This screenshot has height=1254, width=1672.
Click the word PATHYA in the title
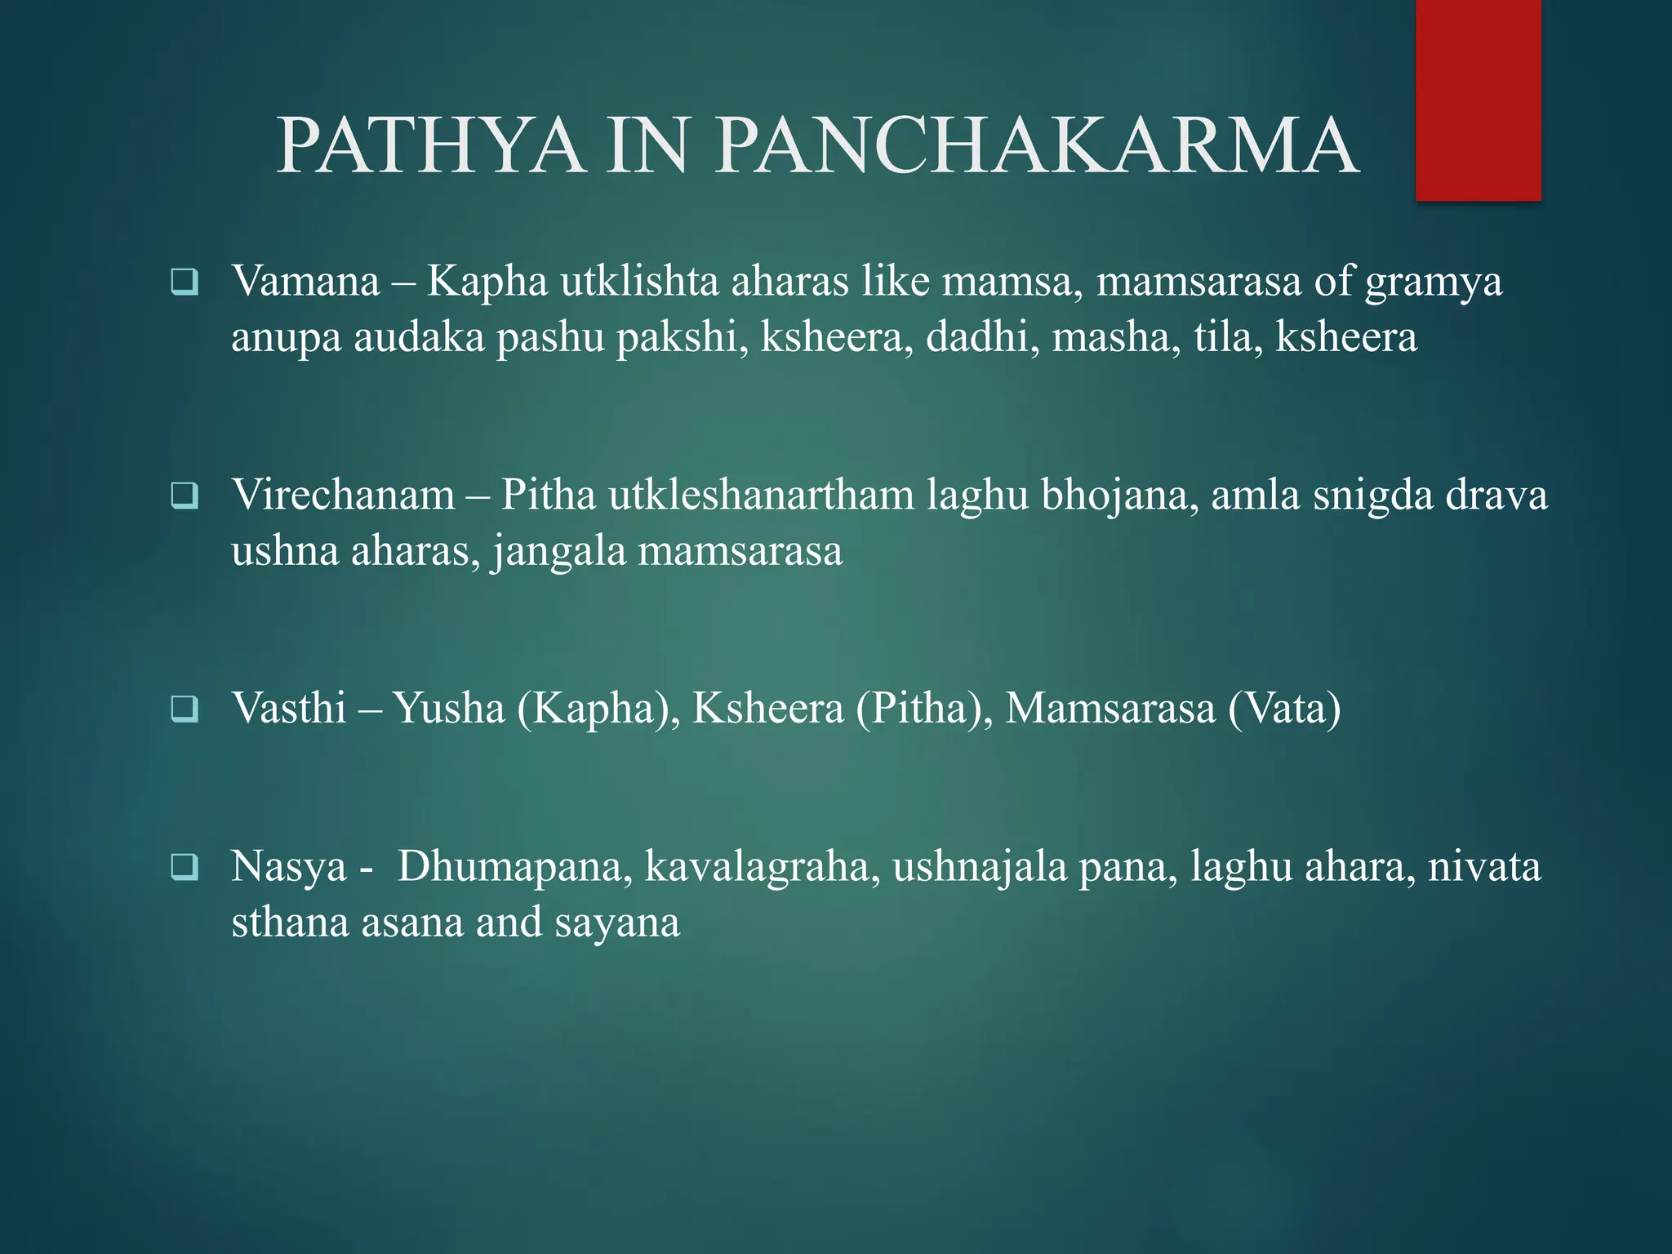[x=431, y=147]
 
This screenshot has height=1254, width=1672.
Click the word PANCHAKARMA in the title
[x=1037, y=147]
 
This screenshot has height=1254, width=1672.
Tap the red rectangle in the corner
[x=1478, y=100]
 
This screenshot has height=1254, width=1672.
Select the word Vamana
[x=305, y=282]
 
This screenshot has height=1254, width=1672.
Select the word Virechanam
[x=343, y=496]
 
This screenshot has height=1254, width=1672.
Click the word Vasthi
[x=289, y=708]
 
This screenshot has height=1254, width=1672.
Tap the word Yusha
[x=448, y=708]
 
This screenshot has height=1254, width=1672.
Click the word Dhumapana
[x=514, y=866]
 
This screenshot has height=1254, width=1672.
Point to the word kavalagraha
[x=763, y=868]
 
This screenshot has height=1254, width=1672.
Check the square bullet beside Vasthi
[x=185, y=709]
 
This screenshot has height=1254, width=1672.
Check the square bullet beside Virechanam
[x=185, y=496]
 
